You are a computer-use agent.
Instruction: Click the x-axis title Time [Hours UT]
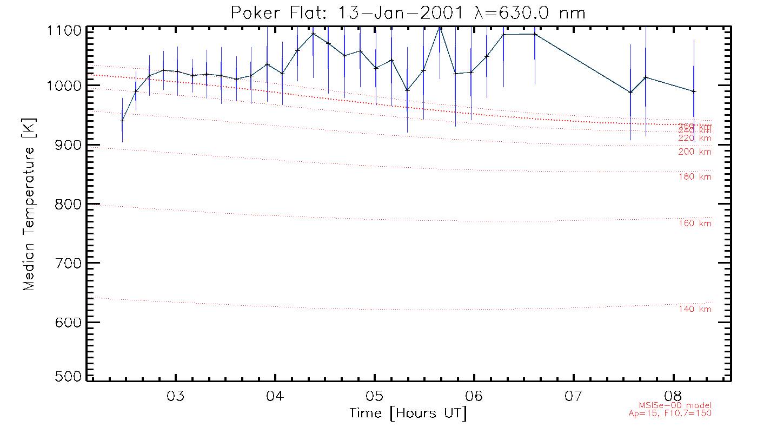coord(408,414)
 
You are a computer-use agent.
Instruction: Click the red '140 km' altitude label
coord(695,309)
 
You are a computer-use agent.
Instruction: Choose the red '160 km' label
coord(695,224)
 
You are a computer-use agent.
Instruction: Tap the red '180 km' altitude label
coord(695,177)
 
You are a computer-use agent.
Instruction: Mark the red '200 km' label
coord(695,152)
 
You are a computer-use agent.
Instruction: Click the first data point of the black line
coord(122,121)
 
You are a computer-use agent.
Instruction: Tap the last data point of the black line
coord(694,91)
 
